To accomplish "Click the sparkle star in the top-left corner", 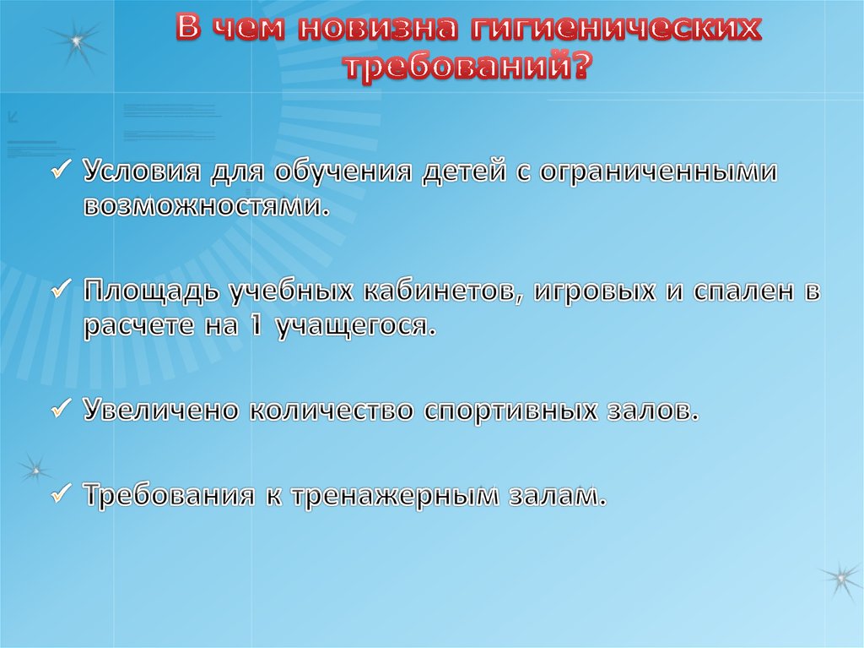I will coord(75,41).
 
